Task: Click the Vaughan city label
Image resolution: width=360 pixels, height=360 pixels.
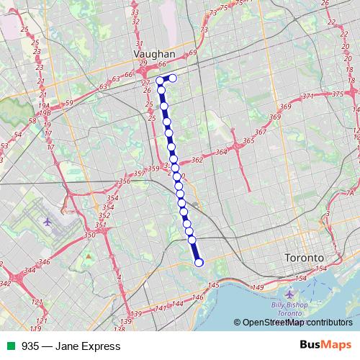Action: [155, 53]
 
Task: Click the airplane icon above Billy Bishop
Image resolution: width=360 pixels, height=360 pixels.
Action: [289, 295]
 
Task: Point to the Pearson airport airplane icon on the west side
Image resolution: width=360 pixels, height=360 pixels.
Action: [47, 221]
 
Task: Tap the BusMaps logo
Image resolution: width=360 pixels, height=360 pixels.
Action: [325, 346]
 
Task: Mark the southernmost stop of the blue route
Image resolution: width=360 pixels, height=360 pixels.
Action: [199, 262]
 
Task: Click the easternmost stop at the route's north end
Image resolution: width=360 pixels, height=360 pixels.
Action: [173, 78]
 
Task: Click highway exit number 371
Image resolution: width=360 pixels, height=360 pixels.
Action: [309, 96]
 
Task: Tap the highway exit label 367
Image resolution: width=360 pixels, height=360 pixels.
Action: [260, 132]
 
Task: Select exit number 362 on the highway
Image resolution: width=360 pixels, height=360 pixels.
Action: [197, 161]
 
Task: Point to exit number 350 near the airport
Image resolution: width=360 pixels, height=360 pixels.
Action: [89, 235]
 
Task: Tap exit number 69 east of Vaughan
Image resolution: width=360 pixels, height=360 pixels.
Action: [192, 53]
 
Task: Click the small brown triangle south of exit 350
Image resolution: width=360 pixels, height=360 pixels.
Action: [89, 256]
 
